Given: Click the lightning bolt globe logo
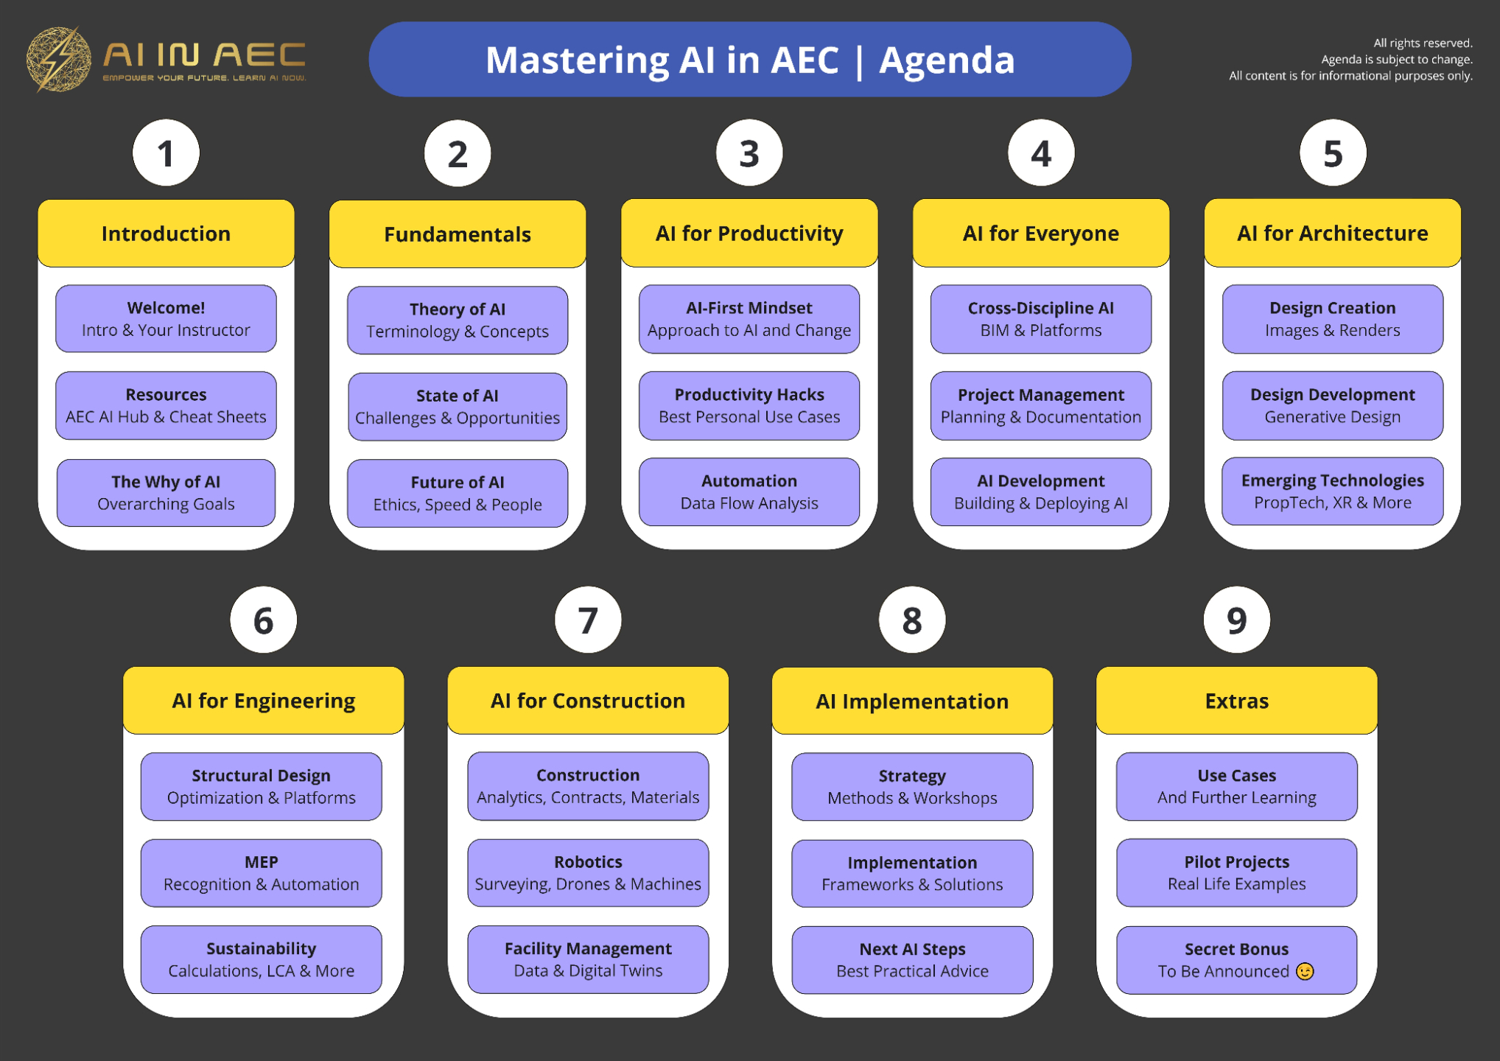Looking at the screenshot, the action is click(58, 60).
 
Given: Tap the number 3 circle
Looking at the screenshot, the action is click(749, 153).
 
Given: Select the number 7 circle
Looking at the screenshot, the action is click(588, 620).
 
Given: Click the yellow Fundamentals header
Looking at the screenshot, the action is click(458, 234).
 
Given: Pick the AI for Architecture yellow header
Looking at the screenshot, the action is click(1332, 234).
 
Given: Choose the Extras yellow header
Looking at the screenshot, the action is click(1236, 701).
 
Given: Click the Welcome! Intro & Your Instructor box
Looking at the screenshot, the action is click(166, 319).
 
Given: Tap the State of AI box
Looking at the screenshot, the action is click(458, 407).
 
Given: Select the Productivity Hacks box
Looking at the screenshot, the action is click(749, 406).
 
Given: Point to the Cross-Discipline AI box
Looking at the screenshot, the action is click(1040, 319).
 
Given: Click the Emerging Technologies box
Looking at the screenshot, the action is click(1332, 491).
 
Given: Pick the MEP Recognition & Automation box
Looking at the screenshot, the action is click(262, 873).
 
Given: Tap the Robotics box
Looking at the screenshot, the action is click(588, 873).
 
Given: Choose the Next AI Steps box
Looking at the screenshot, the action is click(912, 960).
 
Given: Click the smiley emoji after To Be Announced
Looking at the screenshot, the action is click(1305, 972).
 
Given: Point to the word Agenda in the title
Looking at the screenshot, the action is click(947, 60).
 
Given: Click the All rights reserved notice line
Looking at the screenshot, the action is click(1423, 43).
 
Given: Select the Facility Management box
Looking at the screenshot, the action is click(588, 959).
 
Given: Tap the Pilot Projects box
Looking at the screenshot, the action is click(1236, 873).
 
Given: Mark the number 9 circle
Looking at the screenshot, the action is click(1236, 620).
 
